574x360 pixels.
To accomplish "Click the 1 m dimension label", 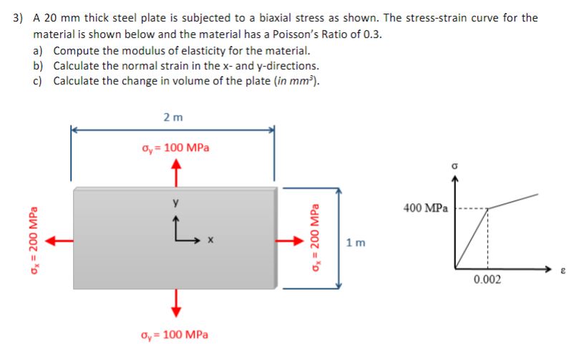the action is tap(356, 242).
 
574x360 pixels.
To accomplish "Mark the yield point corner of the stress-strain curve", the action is tap(487, 209).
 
